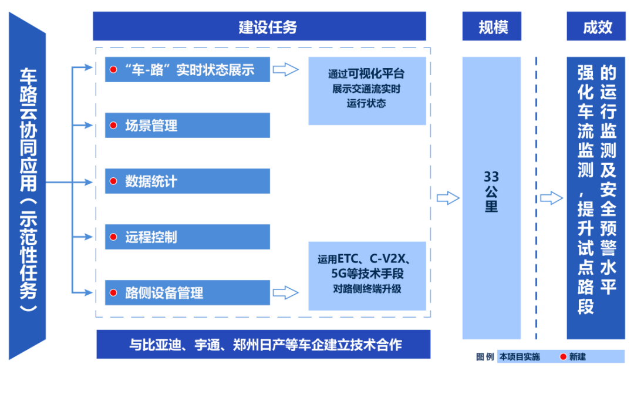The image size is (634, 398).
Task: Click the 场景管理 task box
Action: [x=187, y=125]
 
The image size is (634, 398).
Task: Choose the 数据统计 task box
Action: [x=187, y=181]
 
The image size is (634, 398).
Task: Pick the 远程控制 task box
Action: [x=187, y=237]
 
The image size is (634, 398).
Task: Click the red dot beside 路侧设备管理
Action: [x=113, y=292]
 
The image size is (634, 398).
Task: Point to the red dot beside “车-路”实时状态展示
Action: [x=113, y=70]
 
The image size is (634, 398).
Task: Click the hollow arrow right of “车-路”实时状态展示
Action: [x=286, y=70]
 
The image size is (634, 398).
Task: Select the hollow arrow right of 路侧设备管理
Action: [x=286, y=292]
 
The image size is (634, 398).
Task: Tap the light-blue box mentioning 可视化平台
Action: [x=367, y=90]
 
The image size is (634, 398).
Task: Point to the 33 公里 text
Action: [x=491, y=191]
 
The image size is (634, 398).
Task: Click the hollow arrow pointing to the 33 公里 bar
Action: [x=448, y=198]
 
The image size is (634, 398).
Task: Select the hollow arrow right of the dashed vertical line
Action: [x=551, y=198]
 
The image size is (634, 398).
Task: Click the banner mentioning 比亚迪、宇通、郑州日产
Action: [x=263, y=345]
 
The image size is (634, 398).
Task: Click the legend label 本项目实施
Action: [x=520, y=356]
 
